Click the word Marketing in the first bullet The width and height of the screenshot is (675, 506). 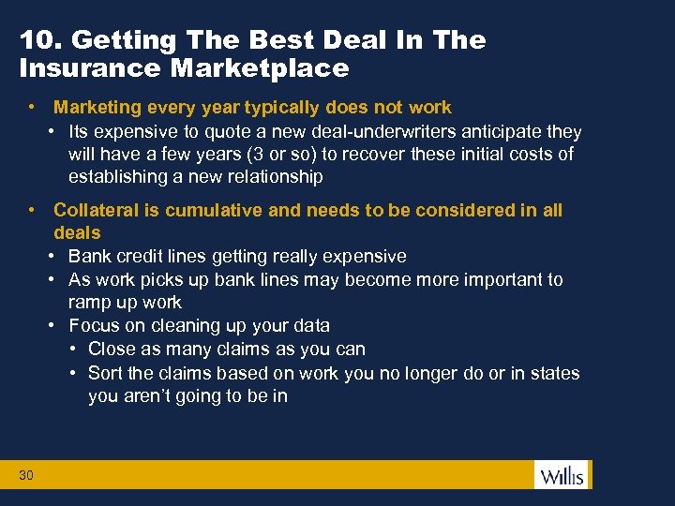click(x=95, y=108)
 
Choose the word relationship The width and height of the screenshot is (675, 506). click(x=272, y=176)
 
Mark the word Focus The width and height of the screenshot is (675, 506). click(x=94, y=325)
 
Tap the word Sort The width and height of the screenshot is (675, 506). click(x=105, y=373)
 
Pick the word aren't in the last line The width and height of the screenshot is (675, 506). click(x=148, y=395)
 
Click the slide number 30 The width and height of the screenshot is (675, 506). click(x=25, y=476)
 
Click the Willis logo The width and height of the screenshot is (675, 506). click(x=562, y=475)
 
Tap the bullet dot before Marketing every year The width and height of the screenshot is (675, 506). click(x=32, y=108)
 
